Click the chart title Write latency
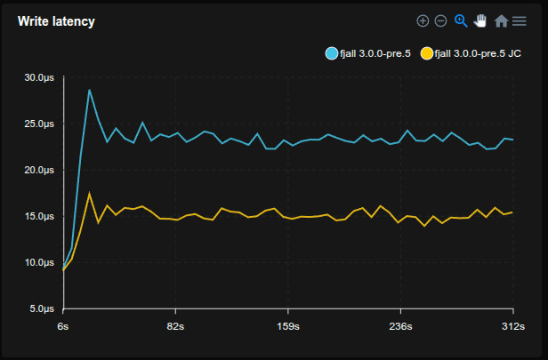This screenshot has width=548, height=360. [56, 21]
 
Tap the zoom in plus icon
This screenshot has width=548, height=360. [423, 20]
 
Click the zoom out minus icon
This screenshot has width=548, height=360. [440, 20]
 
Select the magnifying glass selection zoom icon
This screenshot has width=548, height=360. [461, 20]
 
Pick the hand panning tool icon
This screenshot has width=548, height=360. [480, 20]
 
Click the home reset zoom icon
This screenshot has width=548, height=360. [501, 20]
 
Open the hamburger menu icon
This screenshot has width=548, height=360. [520, 20]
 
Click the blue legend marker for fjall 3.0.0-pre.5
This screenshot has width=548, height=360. [332, 53]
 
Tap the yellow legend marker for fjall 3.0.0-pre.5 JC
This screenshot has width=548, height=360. [427, 53]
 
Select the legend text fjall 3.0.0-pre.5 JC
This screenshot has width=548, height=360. [478, 53]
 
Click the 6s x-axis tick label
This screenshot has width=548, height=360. [63, 326]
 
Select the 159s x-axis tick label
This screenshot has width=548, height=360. [287, 326]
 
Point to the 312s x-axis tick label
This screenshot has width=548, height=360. [512, 326]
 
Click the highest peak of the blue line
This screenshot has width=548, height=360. [89, 89]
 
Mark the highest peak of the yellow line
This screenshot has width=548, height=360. [89, 193]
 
